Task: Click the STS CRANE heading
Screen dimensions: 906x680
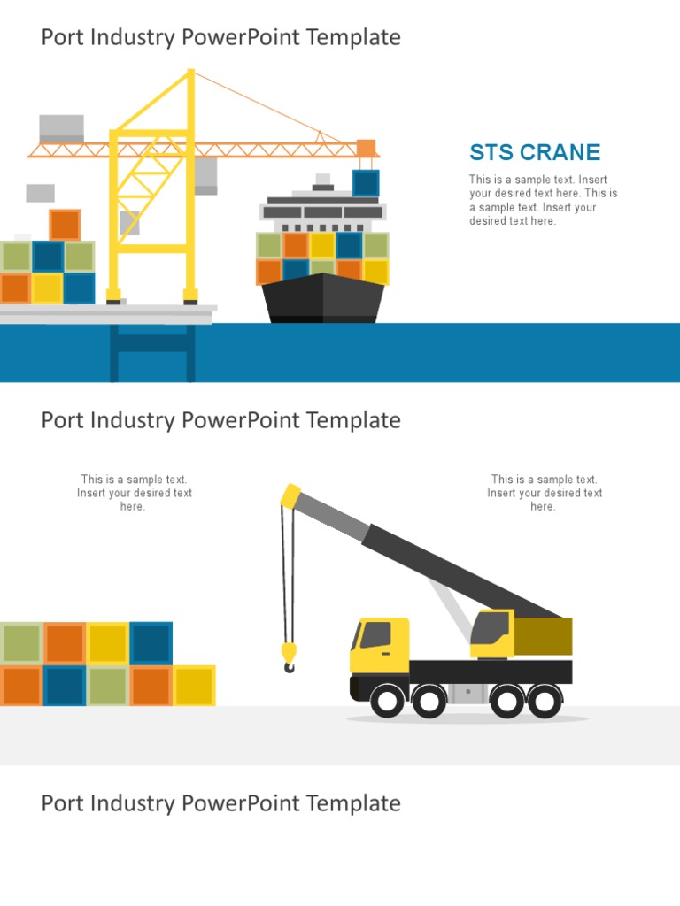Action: [535, 152]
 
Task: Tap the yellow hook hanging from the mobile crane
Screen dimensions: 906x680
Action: [290, 656]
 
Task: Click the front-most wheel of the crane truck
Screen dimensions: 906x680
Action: [387, 702]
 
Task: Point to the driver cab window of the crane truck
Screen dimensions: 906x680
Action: [375, 634]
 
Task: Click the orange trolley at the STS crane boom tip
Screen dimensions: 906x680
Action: [366, 149]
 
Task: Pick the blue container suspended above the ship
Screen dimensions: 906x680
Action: [366, 183]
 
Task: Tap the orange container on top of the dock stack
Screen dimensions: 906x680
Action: [65, 225]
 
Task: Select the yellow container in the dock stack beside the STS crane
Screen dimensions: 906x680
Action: [47, 288]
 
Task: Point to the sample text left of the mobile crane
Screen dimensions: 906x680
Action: [134, 493]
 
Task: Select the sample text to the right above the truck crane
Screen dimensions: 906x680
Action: [544, 493]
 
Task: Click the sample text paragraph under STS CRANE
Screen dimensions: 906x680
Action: [543, 200]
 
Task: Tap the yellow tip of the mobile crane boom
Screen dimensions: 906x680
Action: [290, 495]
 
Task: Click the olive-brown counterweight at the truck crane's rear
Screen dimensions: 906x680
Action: [543, 636]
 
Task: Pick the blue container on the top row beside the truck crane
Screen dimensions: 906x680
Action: [151, 643]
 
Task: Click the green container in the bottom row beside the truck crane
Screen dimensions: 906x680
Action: [107, 686]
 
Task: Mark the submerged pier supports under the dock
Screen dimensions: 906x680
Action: [151, 352]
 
